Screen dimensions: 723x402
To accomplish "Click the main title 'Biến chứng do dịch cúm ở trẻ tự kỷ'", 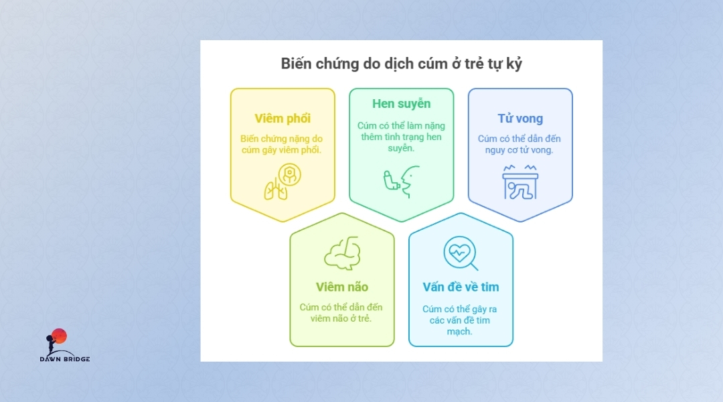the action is (x=401, y=64).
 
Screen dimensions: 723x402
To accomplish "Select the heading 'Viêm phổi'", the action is (x=283, y=118).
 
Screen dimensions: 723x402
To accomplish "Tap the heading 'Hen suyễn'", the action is (x=401, y=104).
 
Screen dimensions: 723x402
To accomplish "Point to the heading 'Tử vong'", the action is (x=520, y=118).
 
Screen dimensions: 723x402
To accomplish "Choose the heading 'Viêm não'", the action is (x=341, y=287).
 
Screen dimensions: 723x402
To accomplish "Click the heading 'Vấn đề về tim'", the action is (x=461, y=287).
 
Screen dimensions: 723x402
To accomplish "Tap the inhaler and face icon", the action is (x=401, y=182).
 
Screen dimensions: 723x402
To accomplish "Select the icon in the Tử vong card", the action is (x=520, y=182).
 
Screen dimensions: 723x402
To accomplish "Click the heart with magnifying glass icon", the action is (x=461, y=253).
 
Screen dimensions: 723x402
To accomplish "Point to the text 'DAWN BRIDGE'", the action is (x=64, y=359).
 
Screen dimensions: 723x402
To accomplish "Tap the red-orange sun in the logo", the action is (x=60, y=336).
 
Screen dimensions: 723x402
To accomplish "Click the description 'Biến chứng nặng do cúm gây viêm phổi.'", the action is (x=282, y=145).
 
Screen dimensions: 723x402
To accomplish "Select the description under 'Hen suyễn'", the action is (x=401, y=137).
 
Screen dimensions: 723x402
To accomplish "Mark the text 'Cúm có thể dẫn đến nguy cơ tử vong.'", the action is (x=519, y=145).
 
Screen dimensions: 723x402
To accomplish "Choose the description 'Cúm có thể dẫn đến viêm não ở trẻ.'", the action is (x=341, y=313).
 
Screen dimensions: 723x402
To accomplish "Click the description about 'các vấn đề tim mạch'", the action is (x=459, y=320).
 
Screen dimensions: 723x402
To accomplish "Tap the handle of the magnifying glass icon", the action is (x=473, y=266).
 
